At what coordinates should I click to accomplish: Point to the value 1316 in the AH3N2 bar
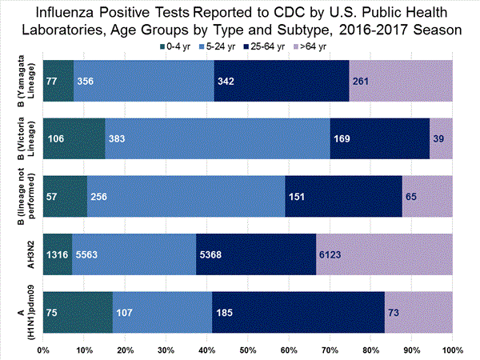coord(58,255)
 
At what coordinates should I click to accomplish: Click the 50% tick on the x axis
coord(248,350)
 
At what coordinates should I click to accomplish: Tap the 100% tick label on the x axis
coord(452,350)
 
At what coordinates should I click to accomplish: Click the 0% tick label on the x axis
coord(44,350)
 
